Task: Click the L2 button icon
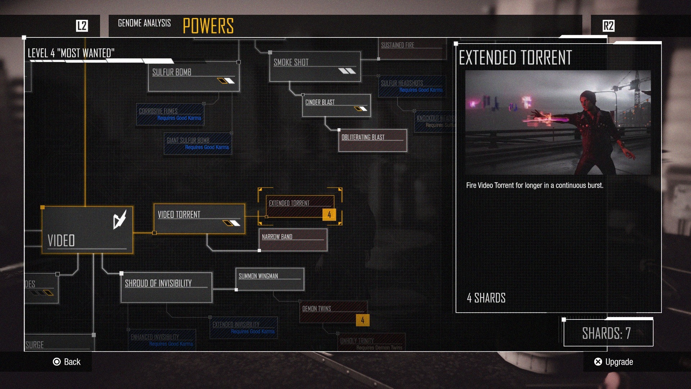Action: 82,26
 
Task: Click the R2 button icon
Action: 608,26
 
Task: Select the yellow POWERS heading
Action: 208,26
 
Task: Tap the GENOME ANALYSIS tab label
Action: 144,23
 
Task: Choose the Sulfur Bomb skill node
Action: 194,76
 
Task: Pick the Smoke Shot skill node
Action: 315,67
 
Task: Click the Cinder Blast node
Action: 336,106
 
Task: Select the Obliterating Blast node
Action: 372,140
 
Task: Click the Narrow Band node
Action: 293,240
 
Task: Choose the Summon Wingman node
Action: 270,279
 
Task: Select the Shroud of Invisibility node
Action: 166,287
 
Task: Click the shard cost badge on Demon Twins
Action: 362,320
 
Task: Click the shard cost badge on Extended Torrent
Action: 329,215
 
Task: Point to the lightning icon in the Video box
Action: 119,219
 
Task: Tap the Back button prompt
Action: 67,362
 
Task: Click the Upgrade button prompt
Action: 614,362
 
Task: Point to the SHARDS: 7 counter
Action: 608,333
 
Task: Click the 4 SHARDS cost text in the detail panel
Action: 486,298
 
